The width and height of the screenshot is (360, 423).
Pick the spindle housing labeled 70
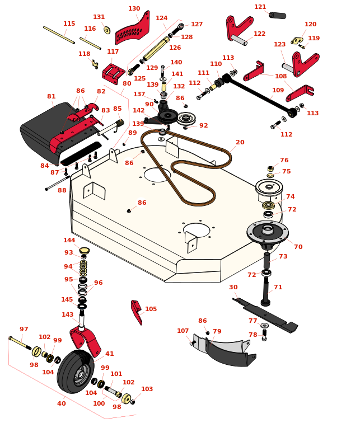tap(268, 232)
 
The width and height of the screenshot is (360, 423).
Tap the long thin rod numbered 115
tap(59, 35)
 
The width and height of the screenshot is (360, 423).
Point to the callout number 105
tap(151, 309)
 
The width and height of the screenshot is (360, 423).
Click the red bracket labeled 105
tap(136, 311)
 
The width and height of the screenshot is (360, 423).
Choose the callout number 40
tap(61, 403)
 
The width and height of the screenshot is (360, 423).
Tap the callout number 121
tap(260, 7)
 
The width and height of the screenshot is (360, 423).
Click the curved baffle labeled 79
tap(227, 353)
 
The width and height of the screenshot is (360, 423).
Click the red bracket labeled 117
tap(114, 73)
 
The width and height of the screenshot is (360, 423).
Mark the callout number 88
tap(62, 190)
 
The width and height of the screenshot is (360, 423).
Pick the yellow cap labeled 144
tap(85, 250)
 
